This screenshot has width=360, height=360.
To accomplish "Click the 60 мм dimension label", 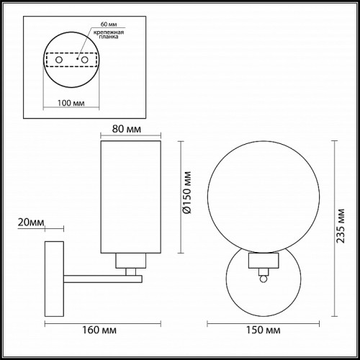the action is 109,24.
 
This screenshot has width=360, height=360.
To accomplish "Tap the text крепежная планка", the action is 109,35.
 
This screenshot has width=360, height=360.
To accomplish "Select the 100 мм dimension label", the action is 71,103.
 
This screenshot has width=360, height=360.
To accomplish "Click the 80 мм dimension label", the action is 127,129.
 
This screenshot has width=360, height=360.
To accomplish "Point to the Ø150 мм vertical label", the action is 186,192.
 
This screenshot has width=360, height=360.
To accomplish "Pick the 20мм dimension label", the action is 31,222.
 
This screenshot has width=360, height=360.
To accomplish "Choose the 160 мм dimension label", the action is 99,330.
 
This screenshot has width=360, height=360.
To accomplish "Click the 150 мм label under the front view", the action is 264,330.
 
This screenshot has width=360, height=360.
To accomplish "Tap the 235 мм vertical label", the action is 341,226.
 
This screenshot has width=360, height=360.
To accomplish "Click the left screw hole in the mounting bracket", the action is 59,60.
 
